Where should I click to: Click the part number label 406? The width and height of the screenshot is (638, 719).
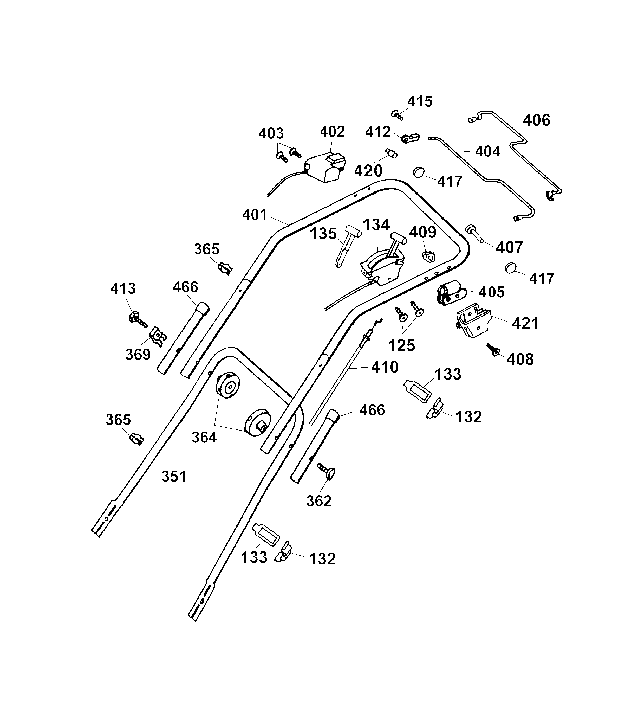click(536, 120)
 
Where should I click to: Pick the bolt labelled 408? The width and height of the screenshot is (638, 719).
click(492, 350)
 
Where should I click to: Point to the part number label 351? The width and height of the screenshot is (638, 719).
click(174, 476)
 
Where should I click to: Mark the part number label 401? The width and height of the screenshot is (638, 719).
click(255, 215)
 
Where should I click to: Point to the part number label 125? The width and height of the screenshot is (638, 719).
click(401, 345)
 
